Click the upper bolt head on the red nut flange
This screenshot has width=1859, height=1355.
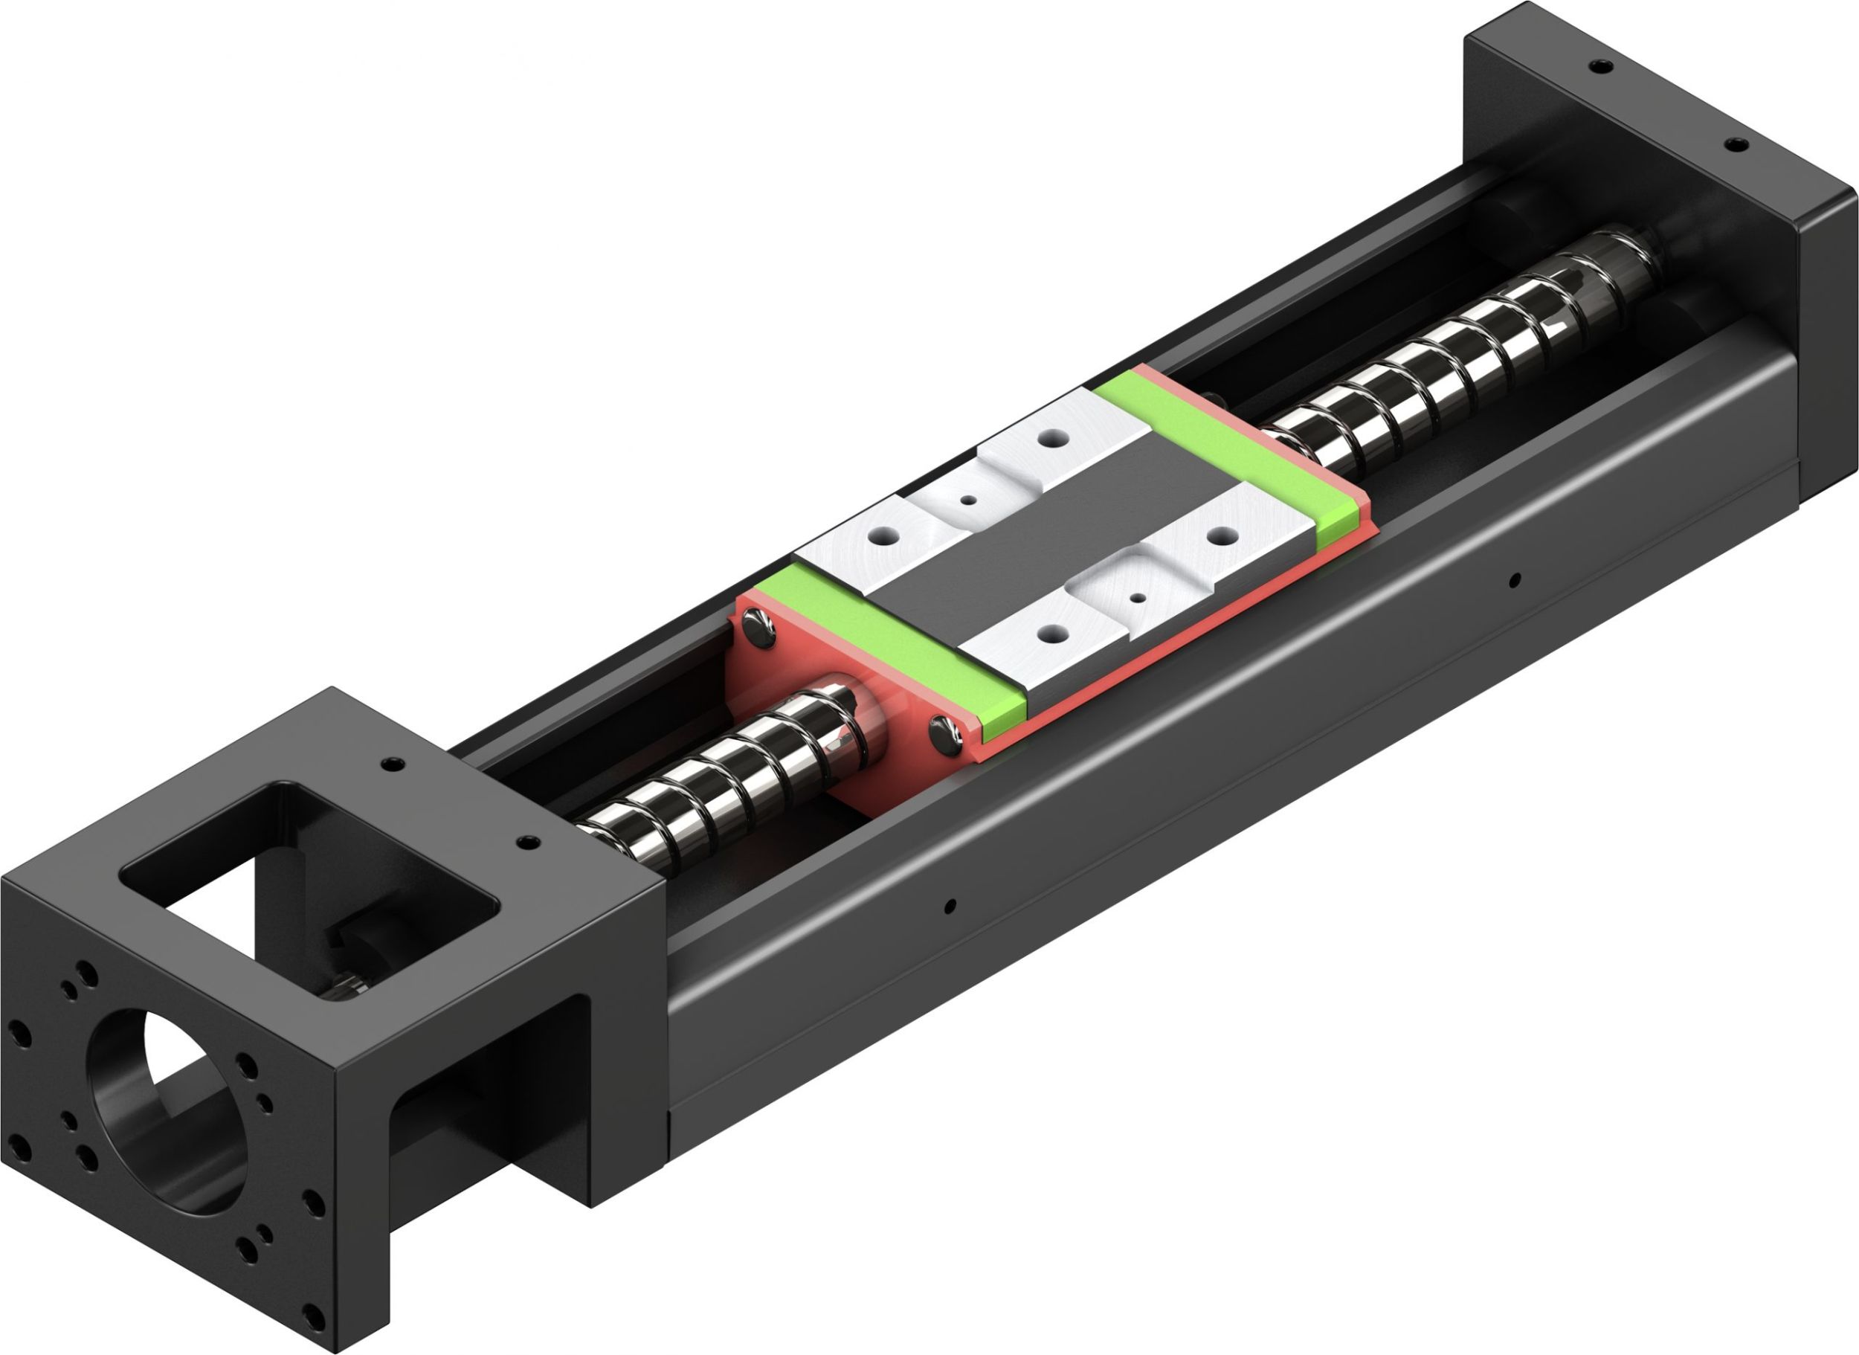pyautogui.click(x=758, y=631)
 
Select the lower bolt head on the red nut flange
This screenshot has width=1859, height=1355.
pyautogui.click(x=947, y=733)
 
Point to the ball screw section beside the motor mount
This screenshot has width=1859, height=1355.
pyautogui.click(x=721, y=779)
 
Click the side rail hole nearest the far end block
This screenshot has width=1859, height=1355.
pyautogui.click(x=1515, y=580)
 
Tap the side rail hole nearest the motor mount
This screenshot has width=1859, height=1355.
pyautogui.click(x=950, y=907)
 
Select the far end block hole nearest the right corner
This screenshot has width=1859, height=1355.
pyautogui.click(x=1732, y=145)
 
